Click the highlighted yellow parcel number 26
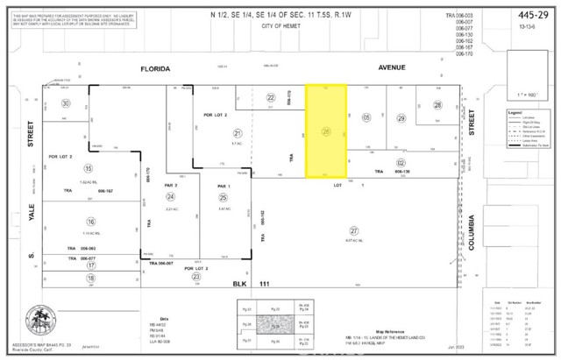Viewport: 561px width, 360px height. click(x=325, y=132)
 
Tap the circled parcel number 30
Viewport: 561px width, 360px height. click(x=65, y=103)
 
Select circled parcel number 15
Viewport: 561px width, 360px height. click(x=88, y=167)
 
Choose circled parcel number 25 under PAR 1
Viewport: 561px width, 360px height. click(x=224, y=197)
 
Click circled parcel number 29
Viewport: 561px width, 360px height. click(x=401, y=118)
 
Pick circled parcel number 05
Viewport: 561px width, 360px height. click(x=366, y=117)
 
